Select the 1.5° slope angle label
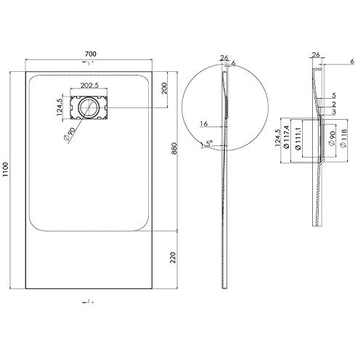(208, 145)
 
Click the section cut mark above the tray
(89, 68)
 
